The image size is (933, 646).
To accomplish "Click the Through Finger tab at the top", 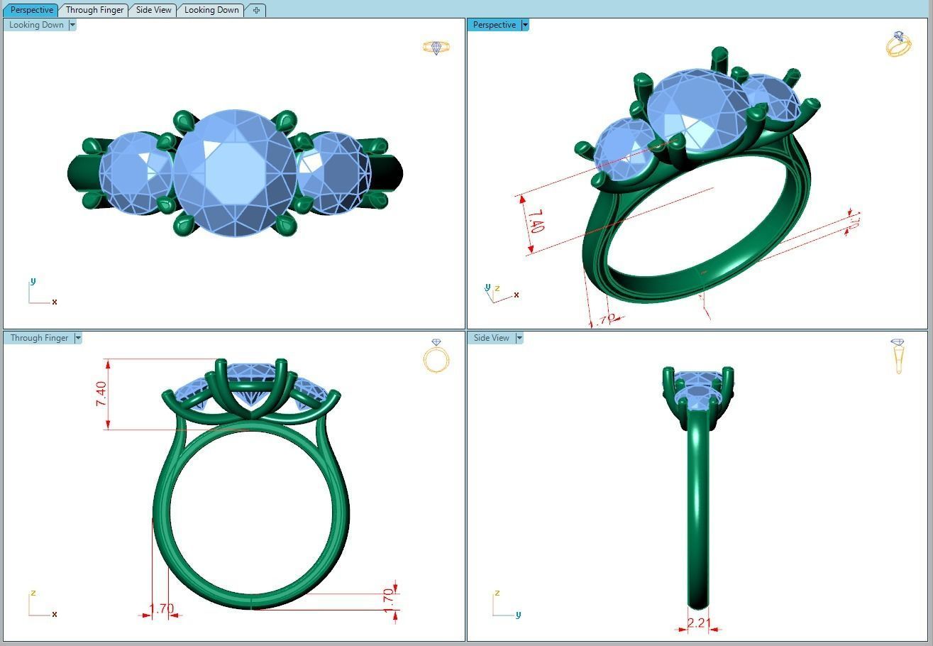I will click(x=94, y=10).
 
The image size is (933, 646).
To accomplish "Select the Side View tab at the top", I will click(x=153, y=10).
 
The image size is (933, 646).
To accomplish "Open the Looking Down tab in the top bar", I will click(x=211, y=10).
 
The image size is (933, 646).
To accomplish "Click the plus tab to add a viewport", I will click(x=256, y=10).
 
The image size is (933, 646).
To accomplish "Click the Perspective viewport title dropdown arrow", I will click(x=525, y=25).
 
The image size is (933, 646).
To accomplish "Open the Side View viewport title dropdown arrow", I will click(x=519, y=338).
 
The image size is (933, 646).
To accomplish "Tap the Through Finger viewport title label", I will click(x=39, y=338).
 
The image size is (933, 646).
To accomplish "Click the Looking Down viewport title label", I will click(x=36, y=25).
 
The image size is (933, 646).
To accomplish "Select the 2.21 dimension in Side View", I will click(x=699, y=623).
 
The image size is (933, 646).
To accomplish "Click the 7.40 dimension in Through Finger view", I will click(x=101, y=394).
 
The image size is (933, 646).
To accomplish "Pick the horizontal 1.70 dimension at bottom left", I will click(x=161, y=608).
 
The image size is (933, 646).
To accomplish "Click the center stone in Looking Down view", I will click(x=234, y=173).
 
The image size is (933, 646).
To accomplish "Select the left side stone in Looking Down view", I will click(x=135, y=173).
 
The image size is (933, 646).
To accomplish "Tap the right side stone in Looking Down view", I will click(x=333, y=173).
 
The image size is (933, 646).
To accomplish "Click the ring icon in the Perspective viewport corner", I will click(x=898, y=44).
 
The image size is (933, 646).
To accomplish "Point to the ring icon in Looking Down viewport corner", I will click(x=436, y=48).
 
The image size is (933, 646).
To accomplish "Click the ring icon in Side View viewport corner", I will click(x=898, y=356).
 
